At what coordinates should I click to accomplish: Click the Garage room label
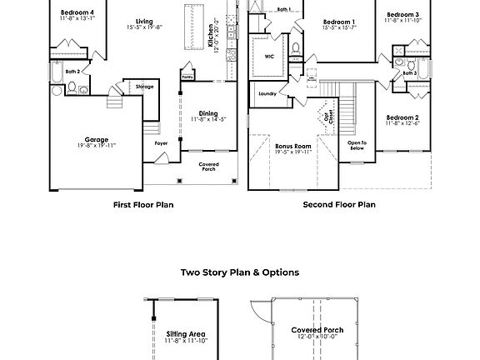97,139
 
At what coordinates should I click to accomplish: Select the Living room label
144,22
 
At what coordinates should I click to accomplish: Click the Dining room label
208,113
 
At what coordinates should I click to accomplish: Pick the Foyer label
162,143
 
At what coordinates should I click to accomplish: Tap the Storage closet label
144,85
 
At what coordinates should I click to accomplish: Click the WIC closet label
269,57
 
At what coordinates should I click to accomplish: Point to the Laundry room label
267,93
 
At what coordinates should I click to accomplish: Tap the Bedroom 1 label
339,22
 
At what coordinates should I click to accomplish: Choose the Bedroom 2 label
402,117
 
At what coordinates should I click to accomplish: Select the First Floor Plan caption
143,204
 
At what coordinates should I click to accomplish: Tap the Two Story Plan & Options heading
239,272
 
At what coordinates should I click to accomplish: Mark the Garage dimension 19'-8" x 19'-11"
97,146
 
